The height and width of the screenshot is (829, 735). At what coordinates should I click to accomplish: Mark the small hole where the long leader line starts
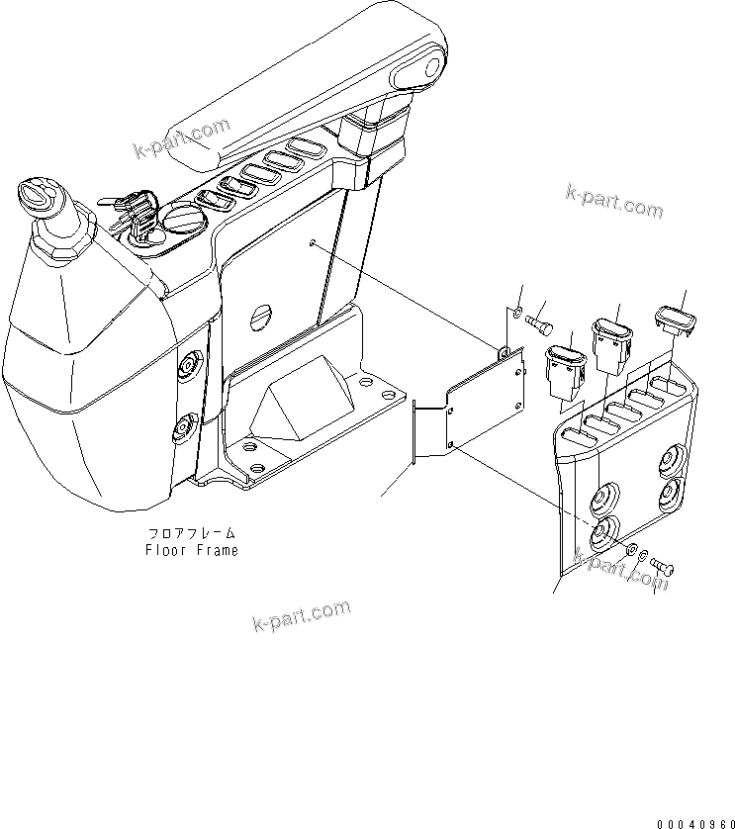point(313,244)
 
